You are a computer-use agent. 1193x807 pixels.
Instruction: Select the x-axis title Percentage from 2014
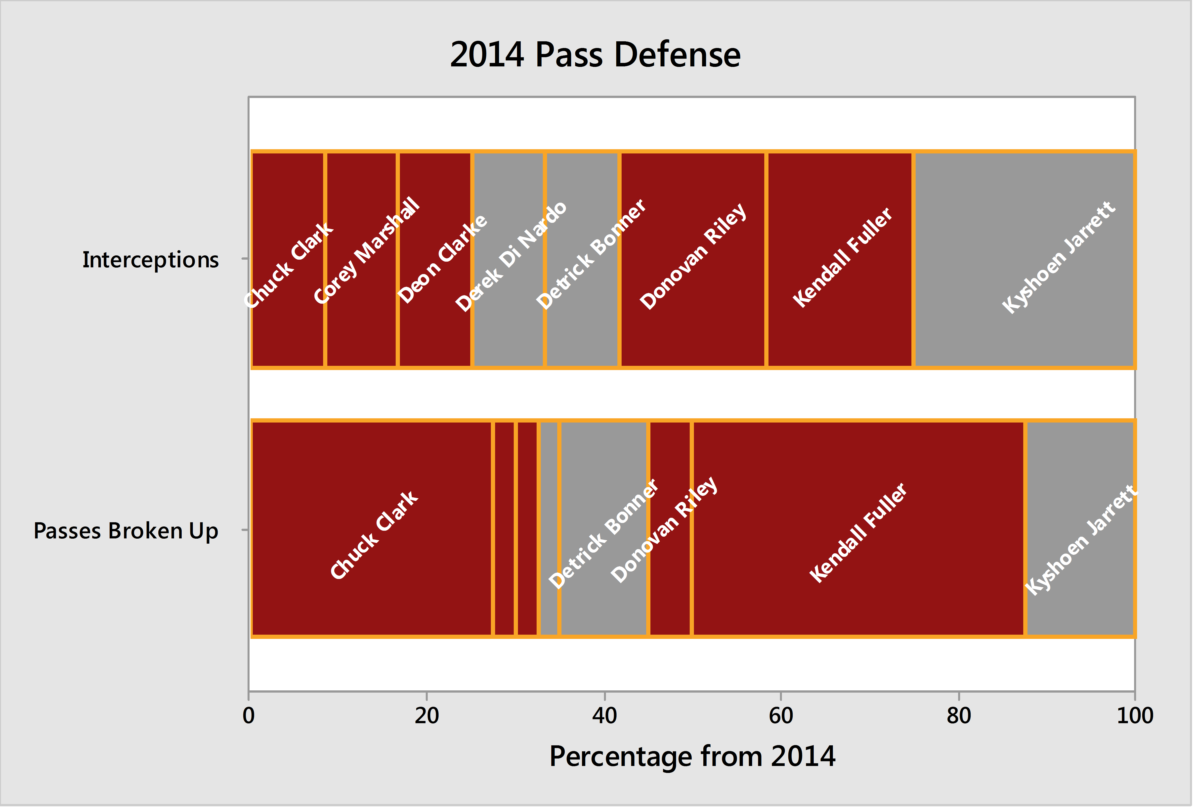click(x=692, y=757)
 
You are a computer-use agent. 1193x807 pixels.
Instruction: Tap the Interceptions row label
click(x=150, y=259)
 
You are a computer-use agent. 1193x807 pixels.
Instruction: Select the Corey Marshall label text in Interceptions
click(x=367, y=251)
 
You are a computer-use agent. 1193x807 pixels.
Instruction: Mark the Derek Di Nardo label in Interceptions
click(x=511, y=257)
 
